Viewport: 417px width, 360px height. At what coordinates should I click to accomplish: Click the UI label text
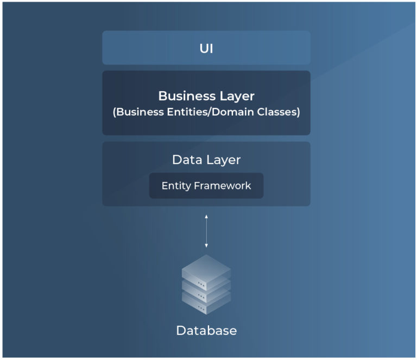[206, 49]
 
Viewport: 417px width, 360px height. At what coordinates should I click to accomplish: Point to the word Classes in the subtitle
[277, 112]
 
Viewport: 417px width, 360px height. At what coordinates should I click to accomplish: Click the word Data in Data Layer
[187, 160]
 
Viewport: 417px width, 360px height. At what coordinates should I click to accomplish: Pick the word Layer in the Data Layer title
[223, 160]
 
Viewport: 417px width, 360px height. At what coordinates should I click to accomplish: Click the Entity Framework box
[206, 186]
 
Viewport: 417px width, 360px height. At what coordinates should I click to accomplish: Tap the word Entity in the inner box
[176, 186]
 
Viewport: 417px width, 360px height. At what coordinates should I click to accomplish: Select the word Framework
[223, 186]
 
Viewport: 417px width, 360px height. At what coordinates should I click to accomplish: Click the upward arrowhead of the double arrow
[206, 217]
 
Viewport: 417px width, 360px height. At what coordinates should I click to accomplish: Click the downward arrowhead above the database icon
[206, 245]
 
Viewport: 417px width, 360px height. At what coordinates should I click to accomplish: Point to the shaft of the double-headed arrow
[206, 231]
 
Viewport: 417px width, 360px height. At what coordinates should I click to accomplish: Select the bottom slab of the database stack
[206, 305]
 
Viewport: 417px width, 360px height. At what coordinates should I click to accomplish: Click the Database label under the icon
[206, 331]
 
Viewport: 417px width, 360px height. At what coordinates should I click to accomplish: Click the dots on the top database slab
[201, 285]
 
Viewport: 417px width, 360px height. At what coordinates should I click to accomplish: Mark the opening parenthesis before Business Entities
[115, 112]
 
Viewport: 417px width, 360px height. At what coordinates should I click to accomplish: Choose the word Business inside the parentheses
[140, 112]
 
